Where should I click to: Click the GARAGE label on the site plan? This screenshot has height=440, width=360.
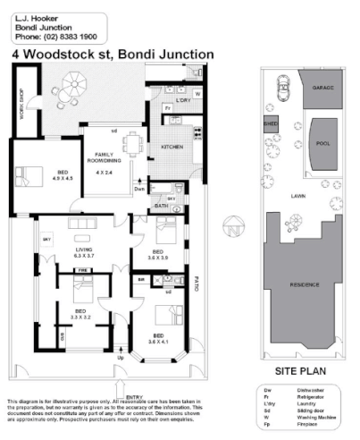point(322,89)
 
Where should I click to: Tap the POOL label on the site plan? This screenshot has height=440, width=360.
point(322,143)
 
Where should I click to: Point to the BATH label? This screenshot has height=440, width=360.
point(161,207)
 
